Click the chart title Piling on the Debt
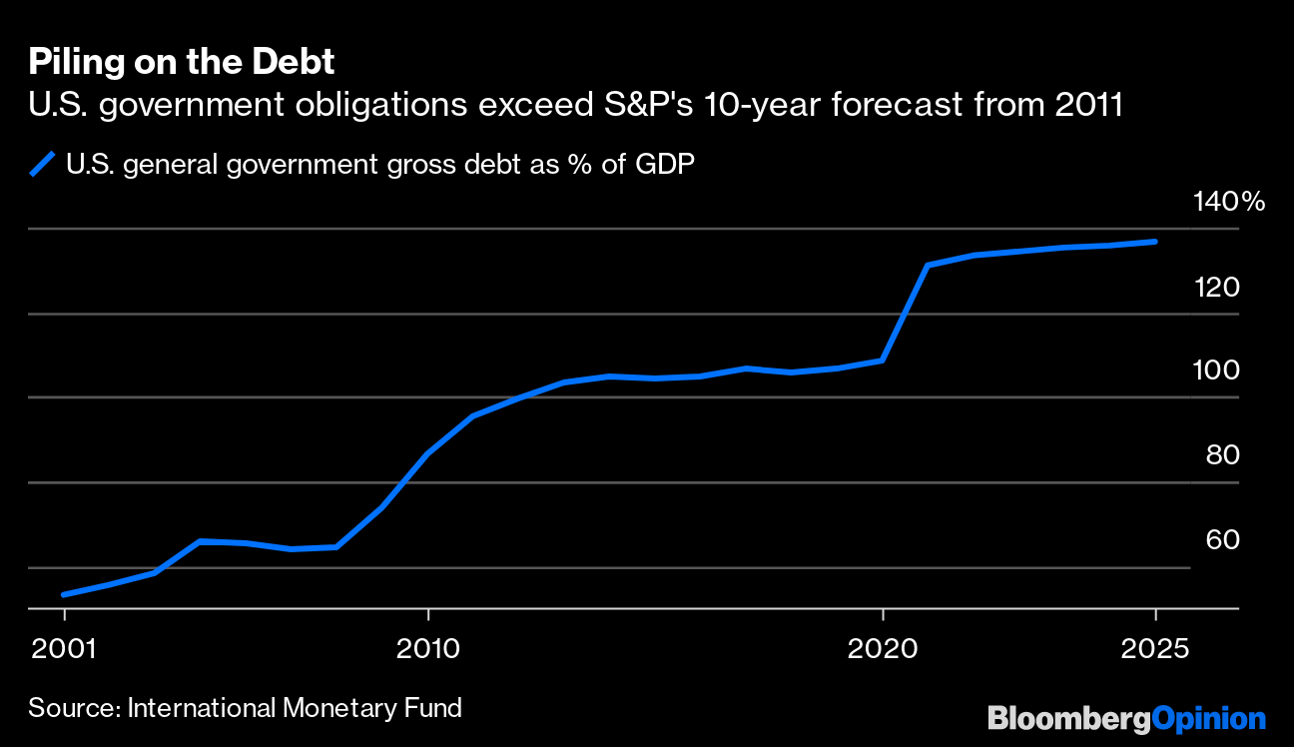point(181,62)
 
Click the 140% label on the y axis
point(1228,203)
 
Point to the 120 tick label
point(1216,288)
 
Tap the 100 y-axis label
point(1216,371)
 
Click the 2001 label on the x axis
point(64,648)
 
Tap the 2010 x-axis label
point(427,648)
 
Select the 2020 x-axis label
point(883,648)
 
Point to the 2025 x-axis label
point(1155,648)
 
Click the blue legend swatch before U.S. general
point(42,164)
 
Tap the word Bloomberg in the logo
point(1068,718)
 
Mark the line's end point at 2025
point(1155,242)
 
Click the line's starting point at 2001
point(64,595)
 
